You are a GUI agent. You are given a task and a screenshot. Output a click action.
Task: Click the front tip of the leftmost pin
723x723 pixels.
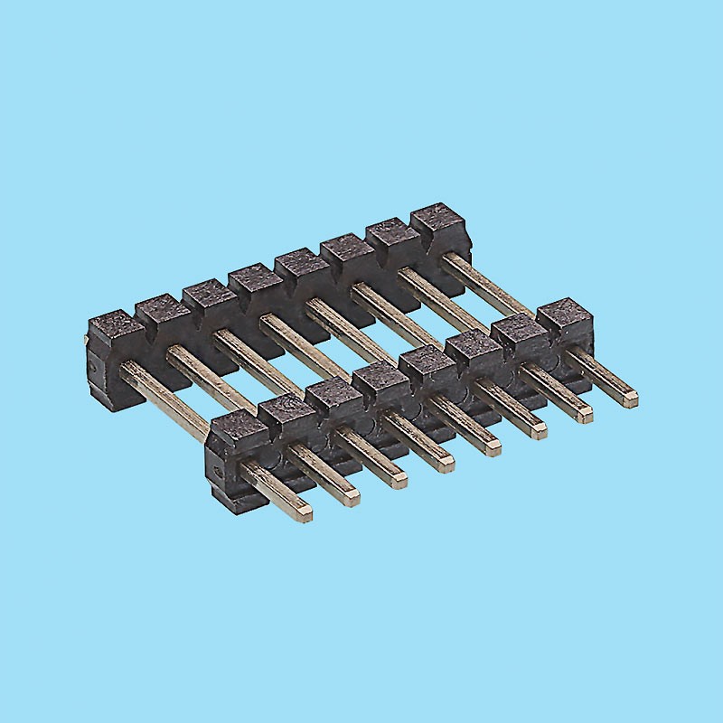[305, 513]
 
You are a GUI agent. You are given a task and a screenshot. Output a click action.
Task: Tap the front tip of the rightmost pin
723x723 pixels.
[633, 397]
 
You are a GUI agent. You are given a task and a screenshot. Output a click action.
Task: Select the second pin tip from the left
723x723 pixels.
[352, 496]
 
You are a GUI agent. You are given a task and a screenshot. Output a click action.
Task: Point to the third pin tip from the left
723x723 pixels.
[399, 480]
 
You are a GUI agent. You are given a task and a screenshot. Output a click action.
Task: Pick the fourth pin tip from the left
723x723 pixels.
[446, 464]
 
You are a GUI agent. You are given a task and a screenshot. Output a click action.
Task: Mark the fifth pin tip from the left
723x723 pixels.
[493, 446]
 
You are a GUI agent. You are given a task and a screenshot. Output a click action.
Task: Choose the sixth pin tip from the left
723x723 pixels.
[540, 430]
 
